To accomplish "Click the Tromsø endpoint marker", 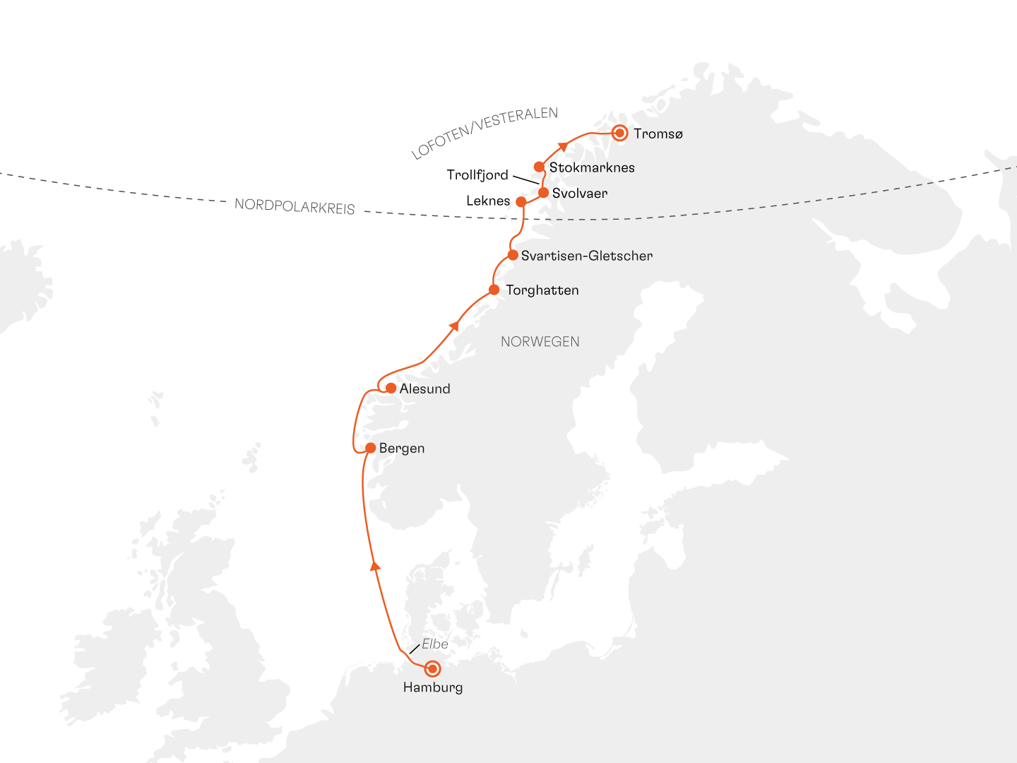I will click(x=619, y=133).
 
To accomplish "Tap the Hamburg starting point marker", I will click(x=432, y=668).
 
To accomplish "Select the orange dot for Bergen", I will click(x=370, y=448).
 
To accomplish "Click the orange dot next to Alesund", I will click(x=391, y=388).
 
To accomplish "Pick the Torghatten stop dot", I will click(x=494, y=290).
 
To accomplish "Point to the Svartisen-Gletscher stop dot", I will click(x=513, y=255).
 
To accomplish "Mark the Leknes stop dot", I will click(x=521, y=201).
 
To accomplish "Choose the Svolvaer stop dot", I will click(x=543, y=192).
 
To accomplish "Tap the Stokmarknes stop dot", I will click(x=539, y=167).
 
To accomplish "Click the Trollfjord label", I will click(x=477, y=175).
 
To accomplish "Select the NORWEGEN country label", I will click(x=540, y=342).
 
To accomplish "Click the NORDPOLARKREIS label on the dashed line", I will click(x=295, y=206).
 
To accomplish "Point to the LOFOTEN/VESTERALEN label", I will click(x=484, y=133).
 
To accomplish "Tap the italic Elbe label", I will click(x=434, y=644).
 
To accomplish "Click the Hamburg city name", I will click(x=433, y=687).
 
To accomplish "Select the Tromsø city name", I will click(x=658, y=134).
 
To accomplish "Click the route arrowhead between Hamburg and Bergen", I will click(x=375, y=565).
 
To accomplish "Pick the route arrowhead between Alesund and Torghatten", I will click(x=455, y=326).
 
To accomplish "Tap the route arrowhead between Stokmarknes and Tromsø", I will click(x=563, y=147).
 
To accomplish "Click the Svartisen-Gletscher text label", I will click(x=587, y=256).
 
